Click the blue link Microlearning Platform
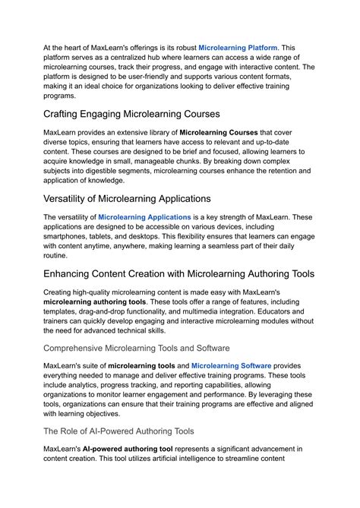click(238, 47)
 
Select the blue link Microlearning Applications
click(144, 217)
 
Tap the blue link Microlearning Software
click(231, 365)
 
